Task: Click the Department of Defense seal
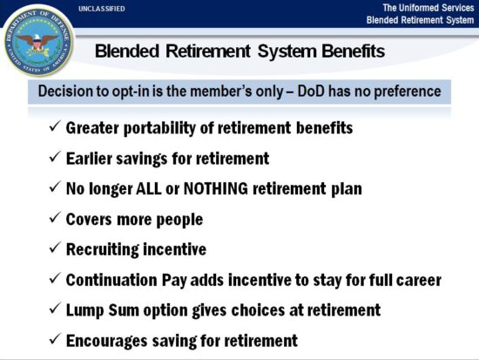(x=39, y=39)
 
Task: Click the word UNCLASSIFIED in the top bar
(x=101, y=8)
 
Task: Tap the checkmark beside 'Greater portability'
(x=55, y=128)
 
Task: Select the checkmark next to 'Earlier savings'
(x=55, y=159)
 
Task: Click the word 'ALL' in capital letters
(x=148, y=188)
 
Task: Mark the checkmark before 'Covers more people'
(x=55, y=219)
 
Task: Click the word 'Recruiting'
(x=102, y=249)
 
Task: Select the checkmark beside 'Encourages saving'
(x=55, y=340)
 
